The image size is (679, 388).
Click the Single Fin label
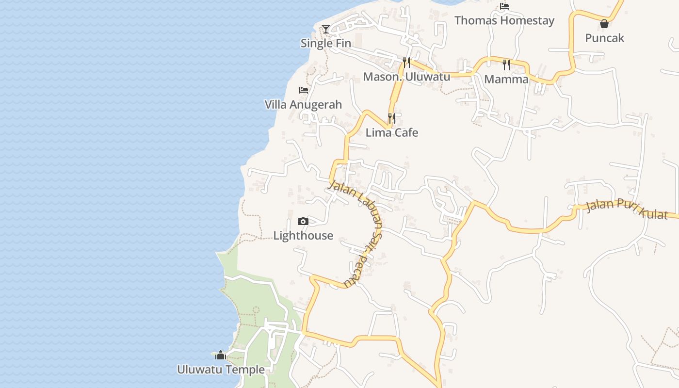pos(325,43)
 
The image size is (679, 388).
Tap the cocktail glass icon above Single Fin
pos(326,30)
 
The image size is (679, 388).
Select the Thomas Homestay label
pos(504,21)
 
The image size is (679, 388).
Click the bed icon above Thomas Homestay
pos(504,6)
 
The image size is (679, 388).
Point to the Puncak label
pos(604,38)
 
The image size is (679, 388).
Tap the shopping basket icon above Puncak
pos(604,24)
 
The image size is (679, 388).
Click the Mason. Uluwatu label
pos(406,77)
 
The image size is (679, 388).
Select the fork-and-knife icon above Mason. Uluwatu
pos(406,63)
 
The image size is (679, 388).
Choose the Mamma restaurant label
pos(506,80)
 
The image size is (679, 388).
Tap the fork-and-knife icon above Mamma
pos(506,65)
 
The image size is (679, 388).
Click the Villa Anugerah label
pos(303,105)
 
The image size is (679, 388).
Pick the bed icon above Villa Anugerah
pos(304,90)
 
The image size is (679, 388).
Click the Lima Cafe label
pos(392,133)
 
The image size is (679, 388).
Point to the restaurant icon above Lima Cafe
pos(392,118)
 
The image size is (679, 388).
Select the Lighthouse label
pos(303,236)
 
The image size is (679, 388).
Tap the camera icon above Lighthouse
pos(303,222)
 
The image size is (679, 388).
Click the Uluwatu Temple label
pos(221,370)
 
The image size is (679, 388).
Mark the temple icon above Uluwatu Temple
pos(221,356)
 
